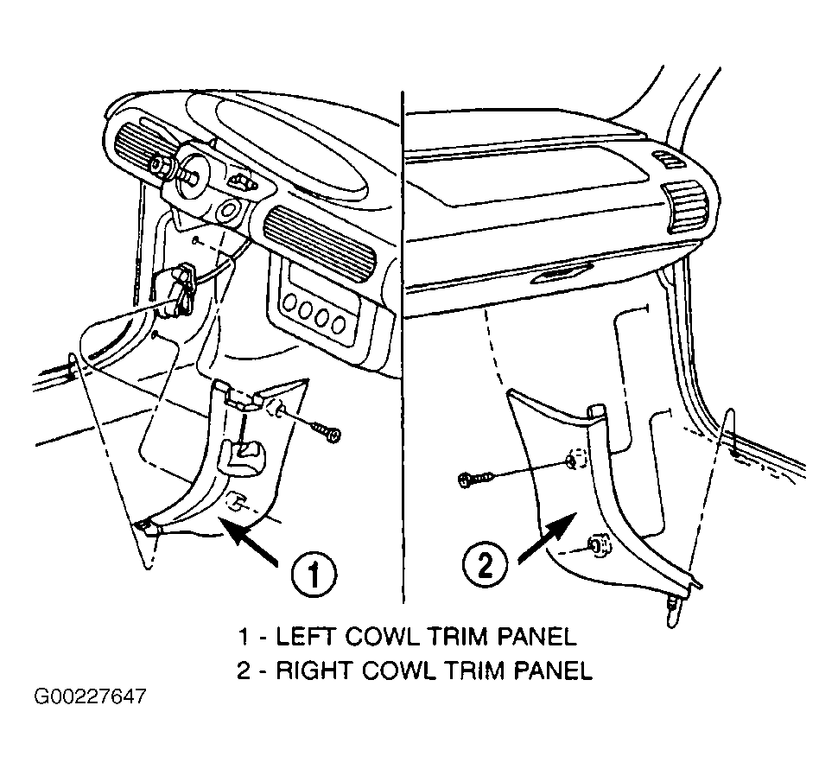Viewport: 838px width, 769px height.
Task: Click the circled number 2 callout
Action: (x=486, y=565)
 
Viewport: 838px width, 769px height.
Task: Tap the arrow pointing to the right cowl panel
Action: (x=548, y=537)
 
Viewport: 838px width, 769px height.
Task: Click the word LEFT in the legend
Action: (x=306, y=637)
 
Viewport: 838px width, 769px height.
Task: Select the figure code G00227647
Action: (x=90, y=697)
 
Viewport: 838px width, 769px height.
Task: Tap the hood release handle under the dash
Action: (x=176, y=289)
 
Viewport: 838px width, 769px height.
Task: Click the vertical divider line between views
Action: (x=402, y=347)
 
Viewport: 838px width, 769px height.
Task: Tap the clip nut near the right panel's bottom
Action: (x=600, y=546)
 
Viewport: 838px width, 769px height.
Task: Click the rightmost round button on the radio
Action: (x=338, y=323)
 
